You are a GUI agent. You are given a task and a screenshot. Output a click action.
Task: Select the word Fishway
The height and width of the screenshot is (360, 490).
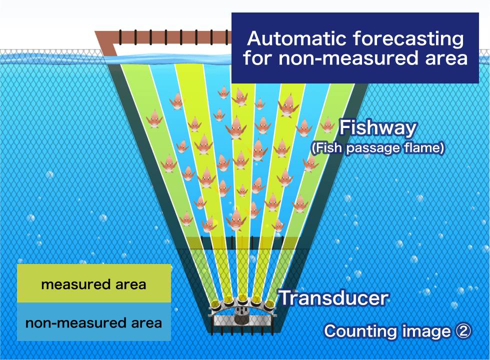tap(378, 128)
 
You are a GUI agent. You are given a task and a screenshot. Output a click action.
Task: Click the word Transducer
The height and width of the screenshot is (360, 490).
tap(334, 298)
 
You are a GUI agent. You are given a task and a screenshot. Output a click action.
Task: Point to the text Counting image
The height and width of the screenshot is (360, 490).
tap(387, 331)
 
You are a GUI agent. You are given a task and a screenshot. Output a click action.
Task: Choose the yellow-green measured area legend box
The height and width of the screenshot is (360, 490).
tap(94, 283)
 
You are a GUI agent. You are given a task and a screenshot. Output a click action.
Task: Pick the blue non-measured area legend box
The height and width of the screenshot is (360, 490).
tap(94, 321)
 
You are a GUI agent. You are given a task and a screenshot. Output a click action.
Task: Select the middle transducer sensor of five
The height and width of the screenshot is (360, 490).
tap(242, 299)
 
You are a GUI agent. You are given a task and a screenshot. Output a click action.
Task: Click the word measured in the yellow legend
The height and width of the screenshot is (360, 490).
tap(76, 284)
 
